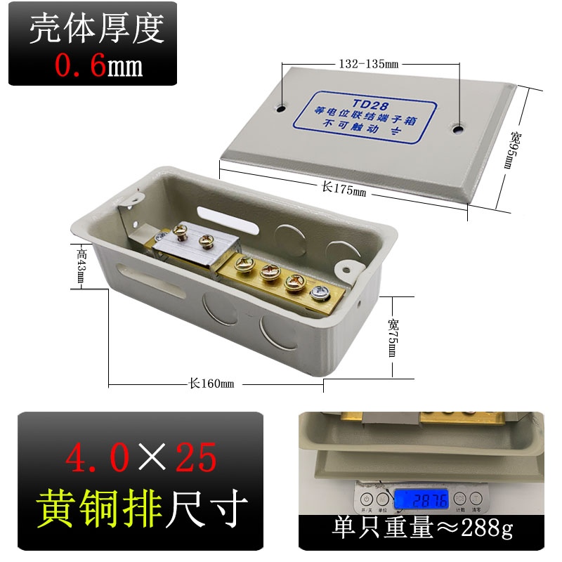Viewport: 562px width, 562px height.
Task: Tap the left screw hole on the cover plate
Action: click(281, 109)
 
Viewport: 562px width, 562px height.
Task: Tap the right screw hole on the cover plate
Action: click(459, 129)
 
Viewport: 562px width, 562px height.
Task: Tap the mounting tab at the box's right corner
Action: click(346, 266)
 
